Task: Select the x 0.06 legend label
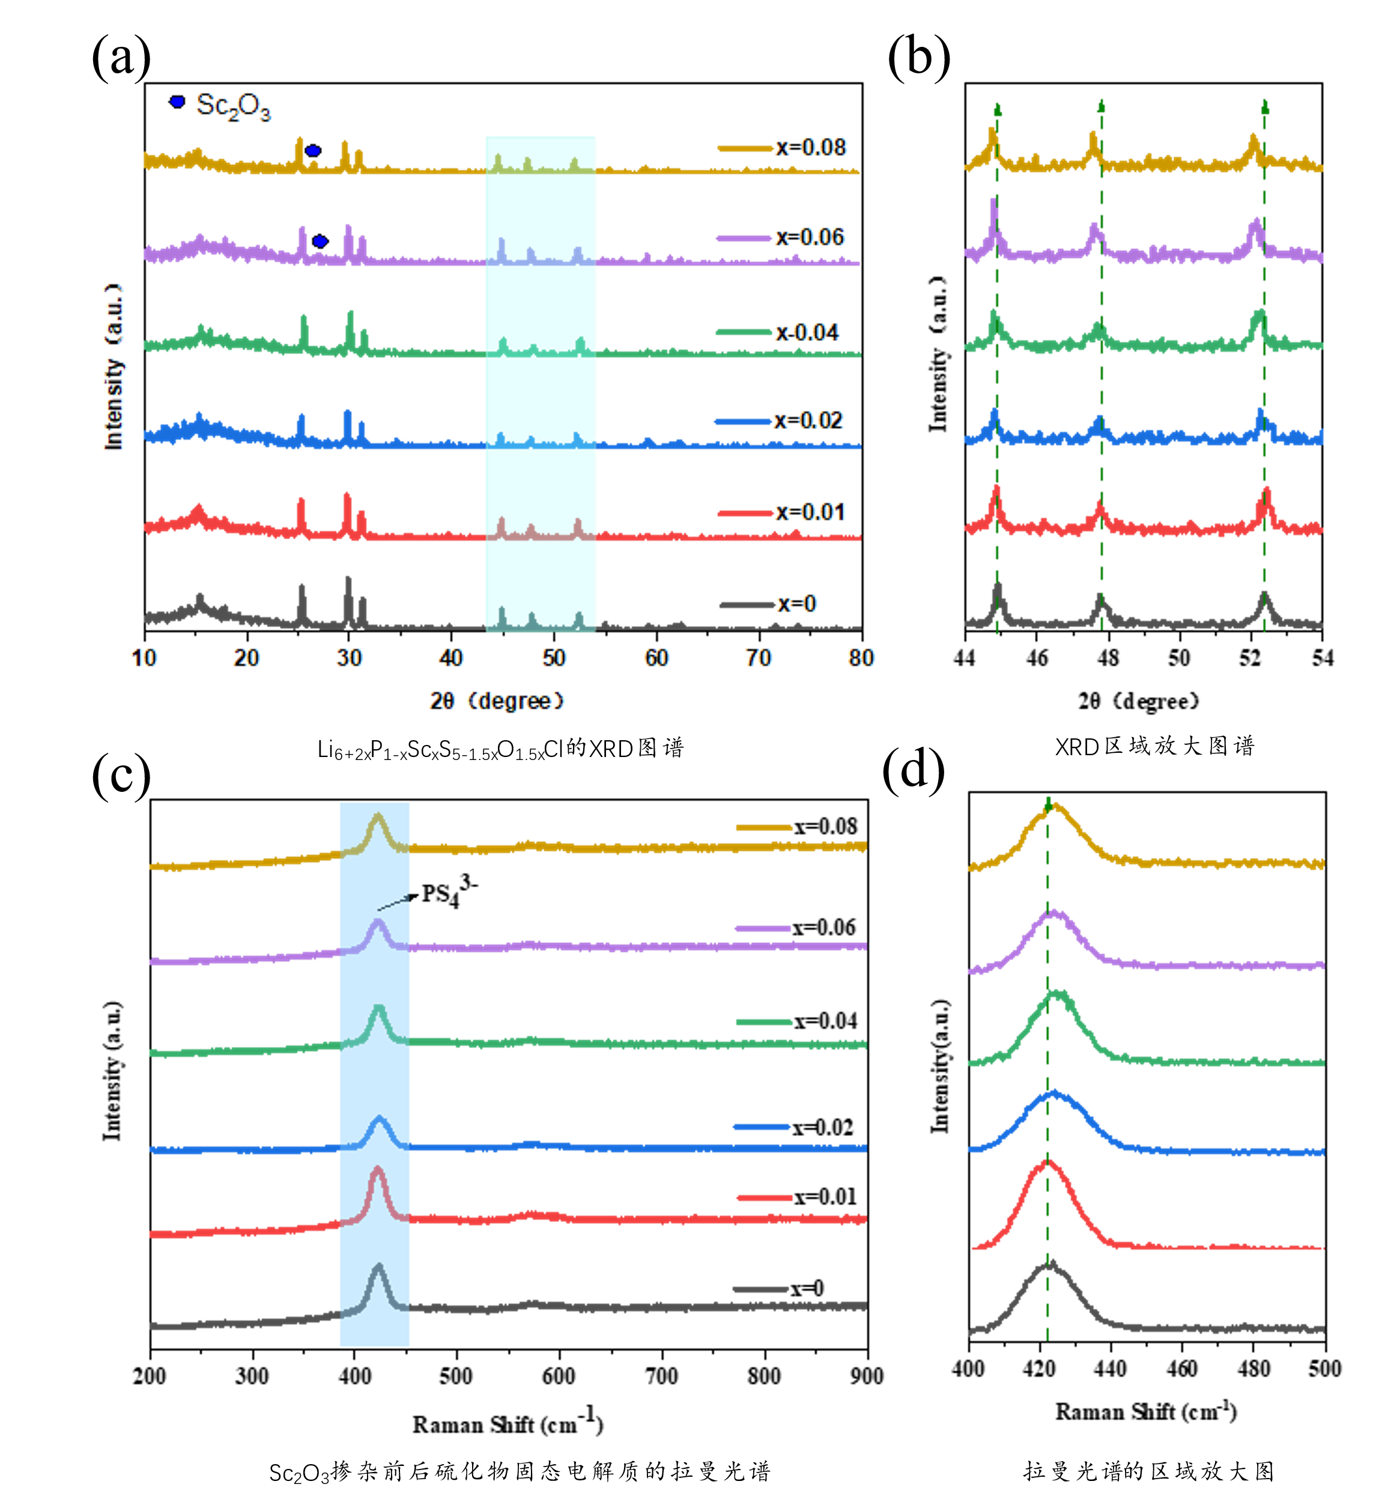(810, 237)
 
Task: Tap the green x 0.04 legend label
(807, 332)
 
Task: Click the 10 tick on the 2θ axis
(144, 658)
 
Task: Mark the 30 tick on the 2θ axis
(348, 658)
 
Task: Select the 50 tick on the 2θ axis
(554, 658)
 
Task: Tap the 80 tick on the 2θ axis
(861, 658)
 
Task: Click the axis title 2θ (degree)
(496, 701)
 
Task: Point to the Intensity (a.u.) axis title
(114, 367)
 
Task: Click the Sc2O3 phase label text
(233, 106)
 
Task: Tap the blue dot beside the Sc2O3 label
(177, 101)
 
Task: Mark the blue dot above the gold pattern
(314, 151)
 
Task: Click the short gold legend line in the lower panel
(764, 827)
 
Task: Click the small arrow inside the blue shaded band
(394, 902)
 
